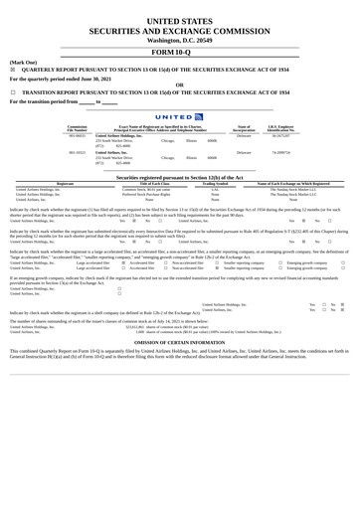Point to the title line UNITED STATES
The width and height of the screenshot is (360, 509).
point(179,20)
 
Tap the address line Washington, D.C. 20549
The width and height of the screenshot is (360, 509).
point(179,38)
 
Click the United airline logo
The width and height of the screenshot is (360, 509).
point(179,116)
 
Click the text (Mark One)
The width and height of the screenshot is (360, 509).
point(23,62)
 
